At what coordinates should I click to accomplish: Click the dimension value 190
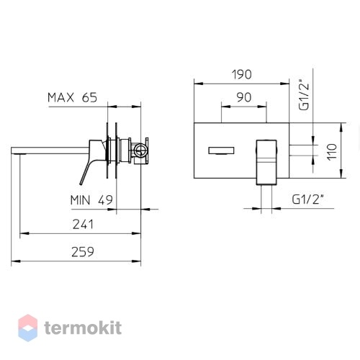coord(242,74)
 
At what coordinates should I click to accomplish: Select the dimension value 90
coord(244,97)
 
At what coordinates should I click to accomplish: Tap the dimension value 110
coord(332,152)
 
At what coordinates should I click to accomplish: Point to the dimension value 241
coord(83,225)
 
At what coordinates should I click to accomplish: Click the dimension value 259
coord(83,252)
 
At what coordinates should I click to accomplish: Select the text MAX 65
coord(72,97)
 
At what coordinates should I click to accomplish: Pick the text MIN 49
coord(91,200)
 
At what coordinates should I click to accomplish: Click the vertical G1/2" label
coord(304,94)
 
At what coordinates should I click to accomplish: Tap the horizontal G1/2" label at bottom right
coord(307,199)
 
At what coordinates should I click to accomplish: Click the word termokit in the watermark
coord(83,328)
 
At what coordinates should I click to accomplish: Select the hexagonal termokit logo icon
coord(28,328)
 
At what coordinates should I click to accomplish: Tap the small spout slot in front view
coord(221,150)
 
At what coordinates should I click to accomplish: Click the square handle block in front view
coord(266,163)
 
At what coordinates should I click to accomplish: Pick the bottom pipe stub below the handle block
coord(266,199)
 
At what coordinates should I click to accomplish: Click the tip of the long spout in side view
coord(12,150)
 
